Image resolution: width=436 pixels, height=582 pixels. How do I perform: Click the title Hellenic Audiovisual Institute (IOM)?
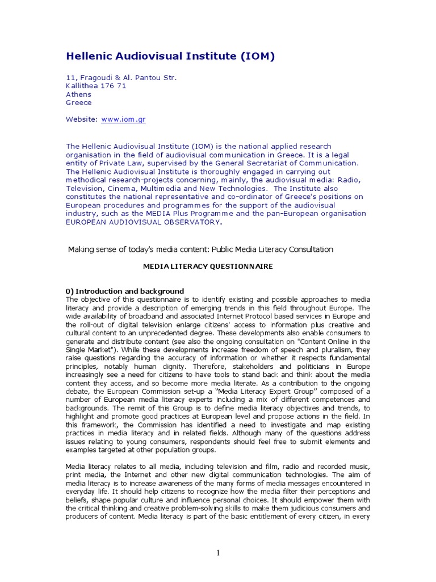click(170, 56)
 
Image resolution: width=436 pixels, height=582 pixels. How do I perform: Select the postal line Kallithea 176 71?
click(96, 86)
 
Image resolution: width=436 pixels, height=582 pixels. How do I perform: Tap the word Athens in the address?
click(78, 94)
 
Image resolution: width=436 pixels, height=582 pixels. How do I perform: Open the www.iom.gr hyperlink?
click(124, 119)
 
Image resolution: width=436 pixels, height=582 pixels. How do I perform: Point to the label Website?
click(82, 119)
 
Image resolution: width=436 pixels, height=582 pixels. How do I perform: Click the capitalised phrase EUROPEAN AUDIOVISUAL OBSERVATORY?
click(142, 222)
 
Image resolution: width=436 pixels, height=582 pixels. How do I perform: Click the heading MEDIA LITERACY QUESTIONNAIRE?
click(208, 266)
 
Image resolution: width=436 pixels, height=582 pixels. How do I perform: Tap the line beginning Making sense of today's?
click(200, 250)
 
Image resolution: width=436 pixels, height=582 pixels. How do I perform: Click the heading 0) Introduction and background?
click(125, 291)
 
